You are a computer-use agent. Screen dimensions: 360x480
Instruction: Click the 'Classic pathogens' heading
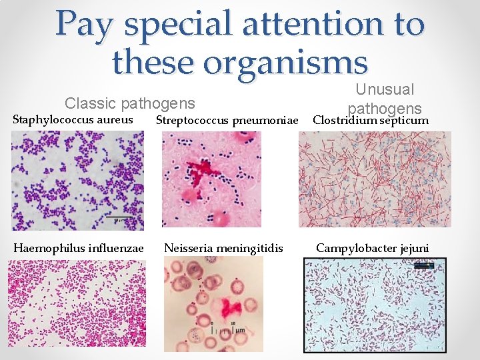130,103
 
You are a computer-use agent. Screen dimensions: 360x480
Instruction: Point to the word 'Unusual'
385,89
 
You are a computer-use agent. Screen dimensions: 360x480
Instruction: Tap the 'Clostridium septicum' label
370,121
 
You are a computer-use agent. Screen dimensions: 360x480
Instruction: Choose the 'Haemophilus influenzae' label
79,249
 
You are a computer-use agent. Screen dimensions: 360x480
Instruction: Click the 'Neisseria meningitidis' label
223,249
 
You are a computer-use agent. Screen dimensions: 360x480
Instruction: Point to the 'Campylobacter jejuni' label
373,249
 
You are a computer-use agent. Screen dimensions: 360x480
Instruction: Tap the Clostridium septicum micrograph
375,179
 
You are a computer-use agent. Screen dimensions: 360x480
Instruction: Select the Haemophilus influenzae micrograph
77,303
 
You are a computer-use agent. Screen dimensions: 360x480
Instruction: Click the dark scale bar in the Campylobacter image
423,265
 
